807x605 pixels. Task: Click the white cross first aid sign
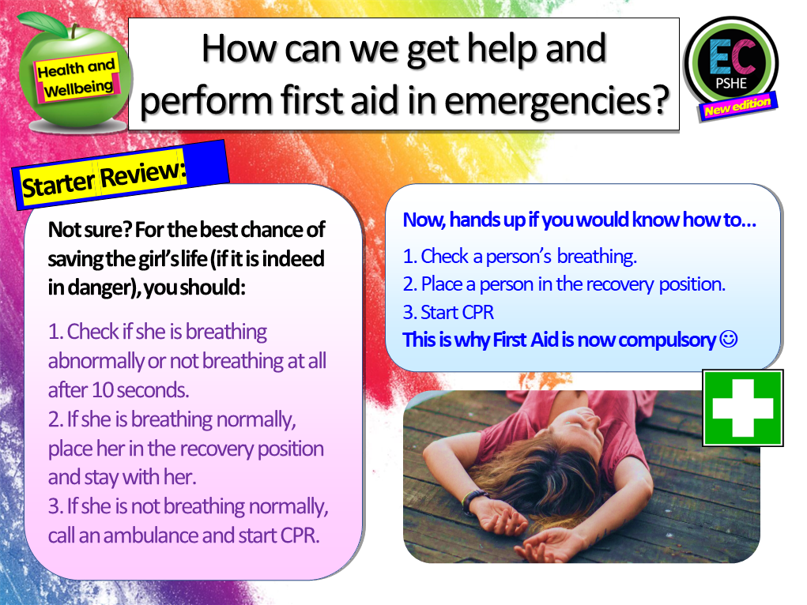tap(742, 408)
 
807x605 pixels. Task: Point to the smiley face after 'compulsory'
tap(729, 340)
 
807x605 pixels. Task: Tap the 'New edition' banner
tap(737, 106)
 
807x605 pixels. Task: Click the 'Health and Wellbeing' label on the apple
tap(76, 78)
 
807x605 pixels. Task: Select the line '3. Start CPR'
tap(448, 312)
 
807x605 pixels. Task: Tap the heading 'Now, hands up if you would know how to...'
tap(579, 220)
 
